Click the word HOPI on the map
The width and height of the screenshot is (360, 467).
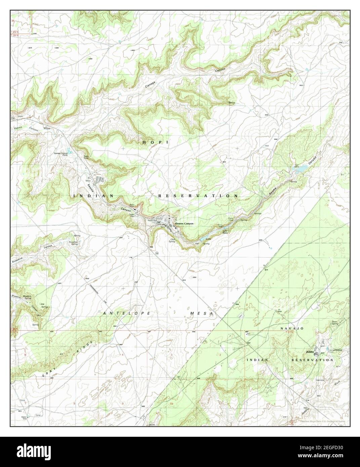155,142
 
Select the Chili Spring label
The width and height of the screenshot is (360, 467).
173,240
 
